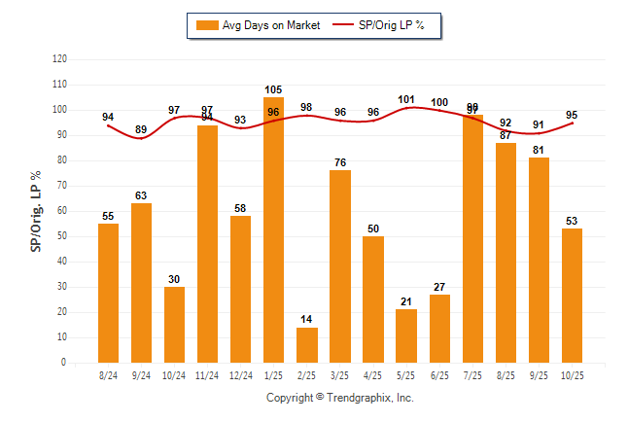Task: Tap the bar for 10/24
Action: [174, 325]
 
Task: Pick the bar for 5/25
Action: [405, 336]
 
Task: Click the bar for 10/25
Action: [572, 296]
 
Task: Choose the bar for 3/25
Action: [339, 266]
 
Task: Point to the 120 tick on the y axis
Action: [60, 59]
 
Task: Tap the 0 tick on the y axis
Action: [64, 363]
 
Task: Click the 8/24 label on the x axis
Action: [108, 375]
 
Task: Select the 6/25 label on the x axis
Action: [439, 375]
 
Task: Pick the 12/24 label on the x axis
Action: [240, 375]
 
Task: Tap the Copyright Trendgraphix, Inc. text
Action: [340, 398]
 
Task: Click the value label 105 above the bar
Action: [273, 90]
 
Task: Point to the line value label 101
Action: [406, 99]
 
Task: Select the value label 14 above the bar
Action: [306, 320]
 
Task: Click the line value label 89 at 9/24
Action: [141, 129]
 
